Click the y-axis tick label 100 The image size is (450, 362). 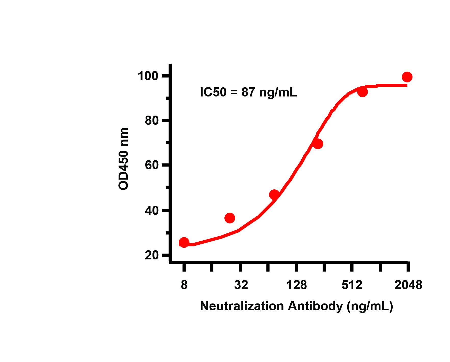(148, 76)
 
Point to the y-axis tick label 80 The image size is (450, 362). (152, 121)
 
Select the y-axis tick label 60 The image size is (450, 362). (152, 165)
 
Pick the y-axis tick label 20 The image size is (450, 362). (152, 255)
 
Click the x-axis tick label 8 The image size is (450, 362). (184, 285)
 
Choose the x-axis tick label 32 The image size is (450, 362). (241, 285)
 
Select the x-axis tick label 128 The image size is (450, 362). (297, 285)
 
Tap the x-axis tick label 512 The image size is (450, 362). (352, 285)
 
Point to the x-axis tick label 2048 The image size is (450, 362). (408, 285)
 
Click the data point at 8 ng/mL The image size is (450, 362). (184, 242)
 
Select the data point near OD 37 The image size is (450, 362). (230, 218)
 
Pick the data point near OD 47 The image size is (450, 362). (274, 195)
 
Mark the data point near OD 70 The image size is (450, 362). (318, 144)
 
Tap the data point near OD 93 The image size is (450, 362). (362, 92)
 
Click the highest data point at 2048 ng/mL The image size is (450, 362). (407, 77)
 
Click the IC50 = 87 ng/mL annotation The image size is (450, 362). (248, 92)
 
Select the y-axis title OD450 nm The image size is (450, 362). (124, 159)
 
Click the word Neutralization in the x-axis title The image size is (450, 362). (242, 306)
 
